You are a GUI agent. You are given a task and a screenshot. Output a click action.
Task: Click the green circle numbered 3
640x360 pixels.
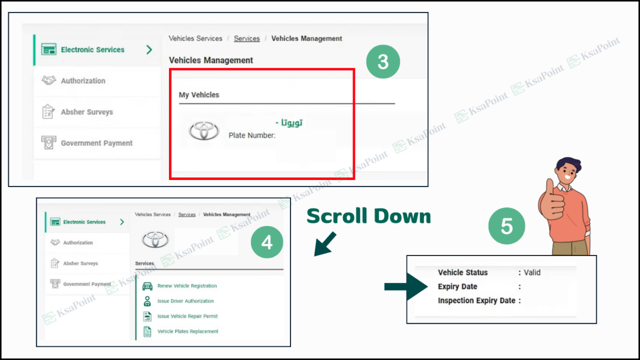[383, 62]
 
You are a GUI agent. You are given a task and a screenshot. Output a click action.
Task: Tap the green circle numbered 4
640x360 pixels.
[267, 242]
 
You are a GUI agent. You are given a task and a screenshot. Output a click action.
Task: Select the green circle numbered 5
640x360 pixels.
[507, 225]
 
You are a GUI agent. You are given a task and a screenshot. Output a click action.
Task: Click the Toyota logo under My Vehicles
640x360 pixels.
[203, 131]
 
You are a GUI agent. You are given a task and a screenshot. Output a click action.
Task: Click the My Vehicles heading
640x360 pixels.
[199, 95]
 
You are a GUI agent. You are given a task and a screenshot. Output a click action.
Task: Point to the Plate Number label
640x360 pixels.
[252, 135]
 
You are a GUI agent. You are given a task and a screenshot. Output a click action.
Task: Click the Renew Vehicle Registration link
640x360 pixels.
[187, 286]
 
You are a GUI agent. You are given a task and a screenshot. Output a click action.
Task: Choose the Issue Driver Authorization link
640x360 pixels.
[185, 301]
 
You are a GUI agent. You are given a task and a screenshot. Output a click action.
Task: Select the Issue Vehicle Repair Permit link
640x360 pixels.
[187, 316]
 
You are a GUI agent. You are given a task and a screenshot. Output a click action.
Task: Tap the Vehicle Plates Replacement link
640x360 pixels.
[188, 332]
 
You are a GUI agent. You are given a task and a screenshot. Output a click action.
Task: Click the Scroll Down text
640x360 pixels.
[369, 217]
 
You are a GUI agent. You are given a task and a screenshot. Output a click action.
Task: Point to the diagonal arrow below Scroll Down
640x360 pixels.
[326, 244]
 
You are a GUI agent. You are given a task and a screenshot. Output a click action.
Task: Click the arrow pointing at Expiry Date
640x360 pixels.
[405, 287]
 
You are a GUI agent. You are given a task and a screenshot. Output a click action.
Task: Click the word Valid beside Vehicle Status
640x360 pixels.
[532, 272]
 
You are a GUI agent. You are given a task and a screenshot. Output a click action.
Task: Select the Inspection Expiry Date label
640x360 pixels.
[476, 300]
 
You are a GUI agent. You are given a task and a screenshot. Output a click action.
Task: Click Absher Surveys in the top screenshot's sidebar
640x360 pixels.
[86, 112]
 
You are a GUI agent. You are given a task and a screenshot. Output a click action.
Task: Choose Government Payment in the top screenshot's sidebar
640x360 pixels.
[96, 143]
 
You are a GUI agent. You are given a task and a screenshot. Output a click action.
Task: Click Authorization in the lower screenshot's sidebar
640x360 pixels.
[78, 243]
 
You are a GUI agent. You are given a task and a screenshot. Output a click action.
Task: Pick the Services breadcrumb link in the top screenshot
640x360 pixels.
[247, 39]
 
